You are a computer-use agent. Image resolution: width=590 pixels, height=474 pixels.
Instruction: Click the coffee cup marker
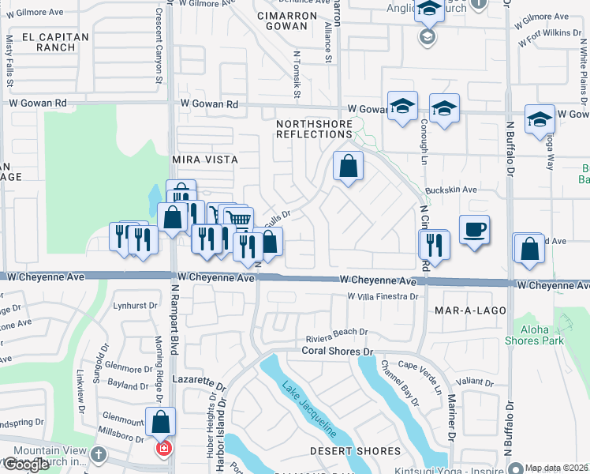(x=474, y=230)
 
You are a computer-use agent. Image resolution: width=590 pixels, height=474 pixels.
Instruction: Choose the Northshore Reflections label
(x=313, y=129)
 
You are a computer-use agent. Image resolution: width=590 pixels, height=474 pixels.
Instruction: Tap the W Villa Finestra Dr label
(x=383, y=296)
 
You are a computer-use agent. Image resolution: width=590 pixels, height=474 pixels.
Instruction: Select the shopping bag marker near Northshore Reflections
(x=347, y=167)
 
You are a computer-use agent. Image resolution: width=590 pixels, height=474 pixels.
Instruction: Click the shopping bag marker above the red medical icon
(x=161, y=422)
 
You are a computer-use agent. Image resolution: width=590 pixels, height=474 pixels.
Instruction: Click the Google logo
(x=25, y=465)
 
